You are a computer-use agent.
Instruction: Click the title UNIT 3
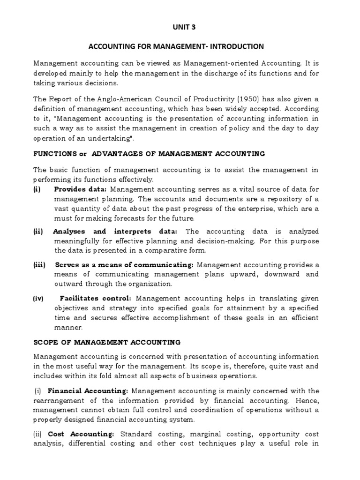click(180, 27)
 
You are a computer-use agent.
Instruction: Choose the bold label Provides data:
click(81, 189)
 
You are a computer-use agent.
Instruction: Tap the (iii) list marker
click(39, 265)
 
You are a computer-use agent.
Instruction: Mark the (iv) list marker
click(38, 299)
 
